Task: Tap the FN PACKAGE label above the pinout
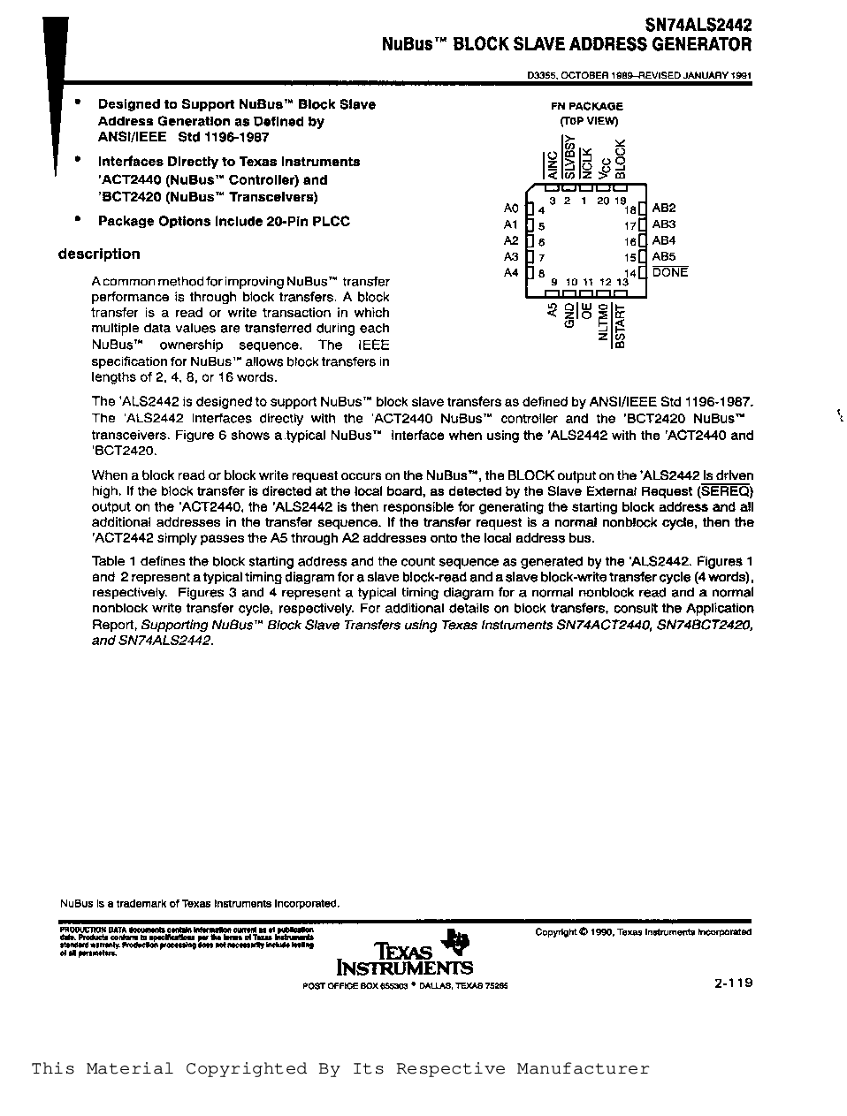588,106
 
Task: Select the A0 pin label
511,209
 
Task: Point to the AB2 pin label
663,209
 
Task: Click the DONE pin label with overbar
669,273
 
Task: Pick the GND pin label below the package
569,315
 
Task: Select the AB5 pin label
663,257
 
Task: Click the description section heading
99,254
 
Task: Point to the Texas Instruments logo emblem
458,942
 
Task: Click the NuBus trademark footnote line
200,904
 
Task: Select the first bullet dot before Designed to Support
78,103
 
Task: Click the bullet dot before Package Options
78,220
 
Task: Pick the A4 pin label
511,273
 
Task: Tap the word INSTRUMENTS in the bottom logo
405,968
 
